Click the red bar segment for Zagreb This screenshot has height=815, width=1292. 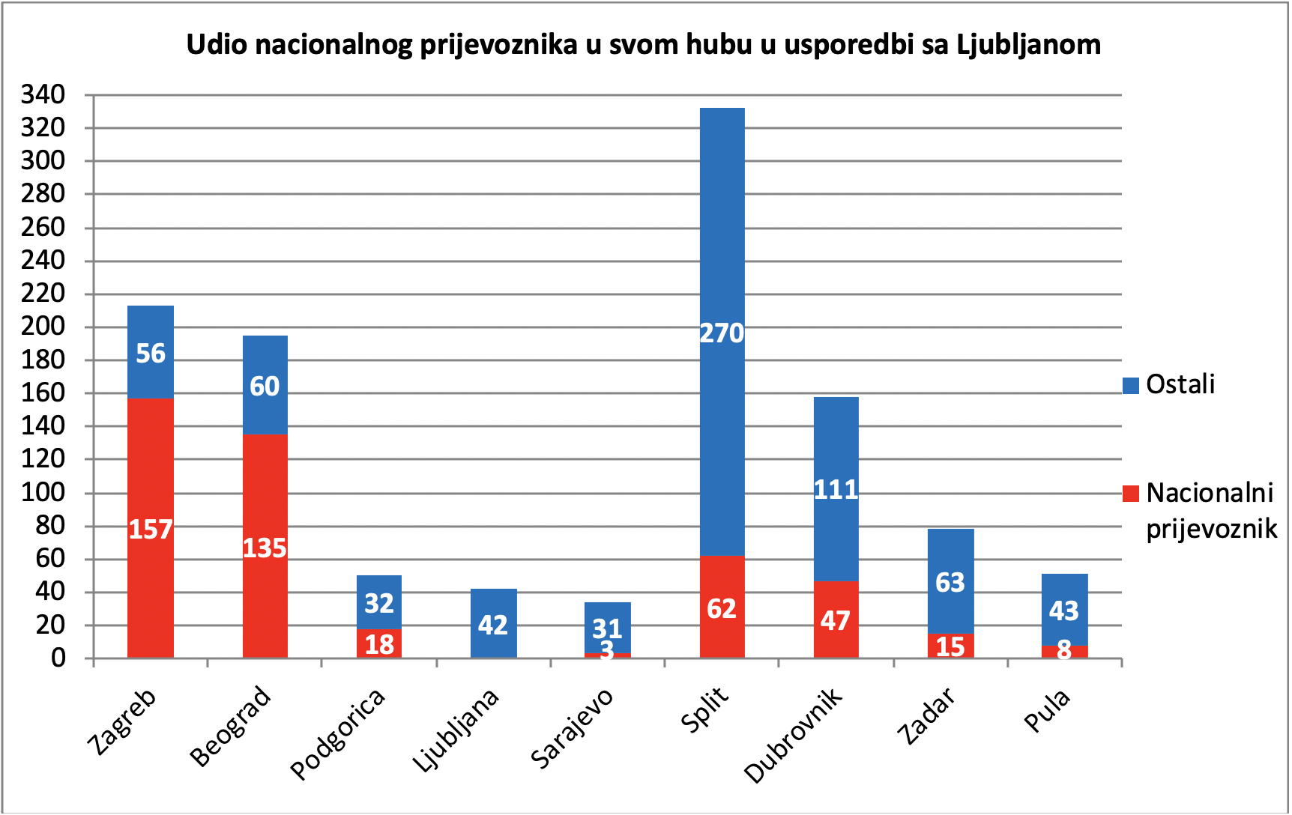tap(151, 528)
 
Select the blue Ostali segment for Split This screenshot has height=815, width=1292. tap(722, 332)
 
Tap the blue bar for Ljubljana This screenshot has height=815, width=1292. tap(493, 623)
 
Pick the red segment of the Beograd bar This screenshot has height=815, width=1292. tap(265, 546)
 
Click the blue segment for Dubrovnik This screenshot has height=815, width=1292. tap(836, 489)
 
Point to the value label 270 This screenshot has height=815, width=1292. tap(722, 333)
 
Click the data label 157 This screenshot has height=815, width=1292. tap(151, 530)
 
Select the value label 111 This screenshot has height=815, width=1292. tap(836, 490)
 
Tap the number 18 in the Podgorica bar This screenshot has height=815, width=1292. tap(379, 644)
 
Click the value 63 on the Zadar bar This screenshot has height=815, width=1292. tap(950, 582)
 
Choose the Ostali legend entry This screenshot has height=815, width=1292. tap(1169, 384)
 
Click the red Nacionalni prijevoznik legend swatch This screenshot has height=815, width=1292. tap(1131, 494)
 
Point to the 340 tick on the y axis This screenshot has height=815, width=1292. tap(43, 95)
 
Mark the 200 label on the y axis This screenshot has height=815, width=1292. tap(43, 327)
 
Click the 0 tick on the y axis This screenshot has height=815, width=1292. tap(58, 658)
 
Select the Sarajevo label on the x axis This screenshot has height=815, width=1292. tap(572, 727)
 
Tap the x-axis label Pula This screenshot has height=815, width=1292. tap(1047, 712)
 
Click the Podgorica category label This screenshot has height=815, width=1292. tap(338, 733)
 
